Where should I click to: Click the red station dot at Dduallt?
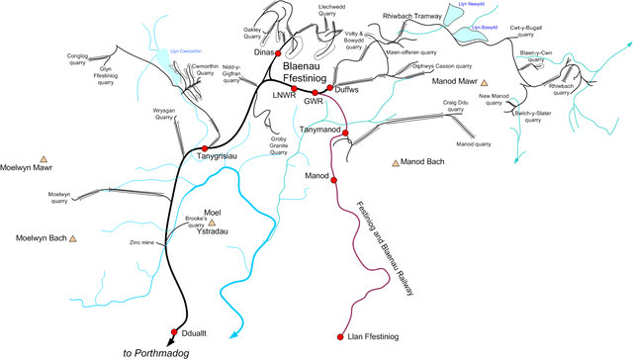pos(174,332)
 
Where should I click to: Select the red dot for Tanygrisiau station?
pos(205,147)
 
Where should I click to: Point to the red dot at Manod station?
pos(334,181)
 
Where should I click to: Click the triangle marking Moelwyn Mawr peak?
pos(43,158)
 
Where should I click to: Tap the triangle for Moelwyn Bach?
pos(72,238)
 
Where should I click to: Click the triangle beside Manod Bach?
pos(395,161)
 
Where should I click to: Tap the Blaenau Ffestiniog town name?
pos(298,69)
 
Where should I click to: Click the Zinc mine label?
pos(142,241)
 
